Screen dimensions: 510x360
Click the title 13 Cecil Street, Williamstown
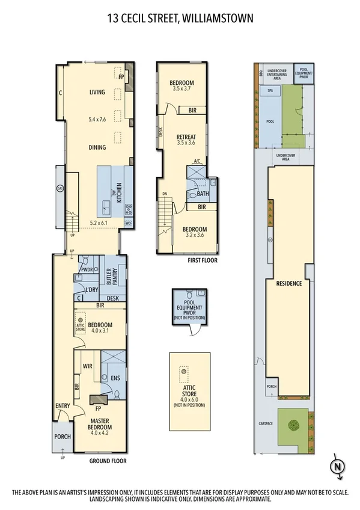click(180, 19)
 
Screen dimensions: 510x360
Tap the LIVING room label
click(97, 92)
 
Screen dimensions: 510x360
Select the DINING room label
click(97, 147)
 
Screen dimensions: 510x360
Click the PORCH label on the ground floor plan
click(62, 437)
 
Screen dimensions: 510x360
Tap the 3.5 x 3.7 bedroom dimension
click(180, 88)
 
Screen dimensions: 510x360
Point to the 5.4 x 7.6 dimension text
click(97, 120)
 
